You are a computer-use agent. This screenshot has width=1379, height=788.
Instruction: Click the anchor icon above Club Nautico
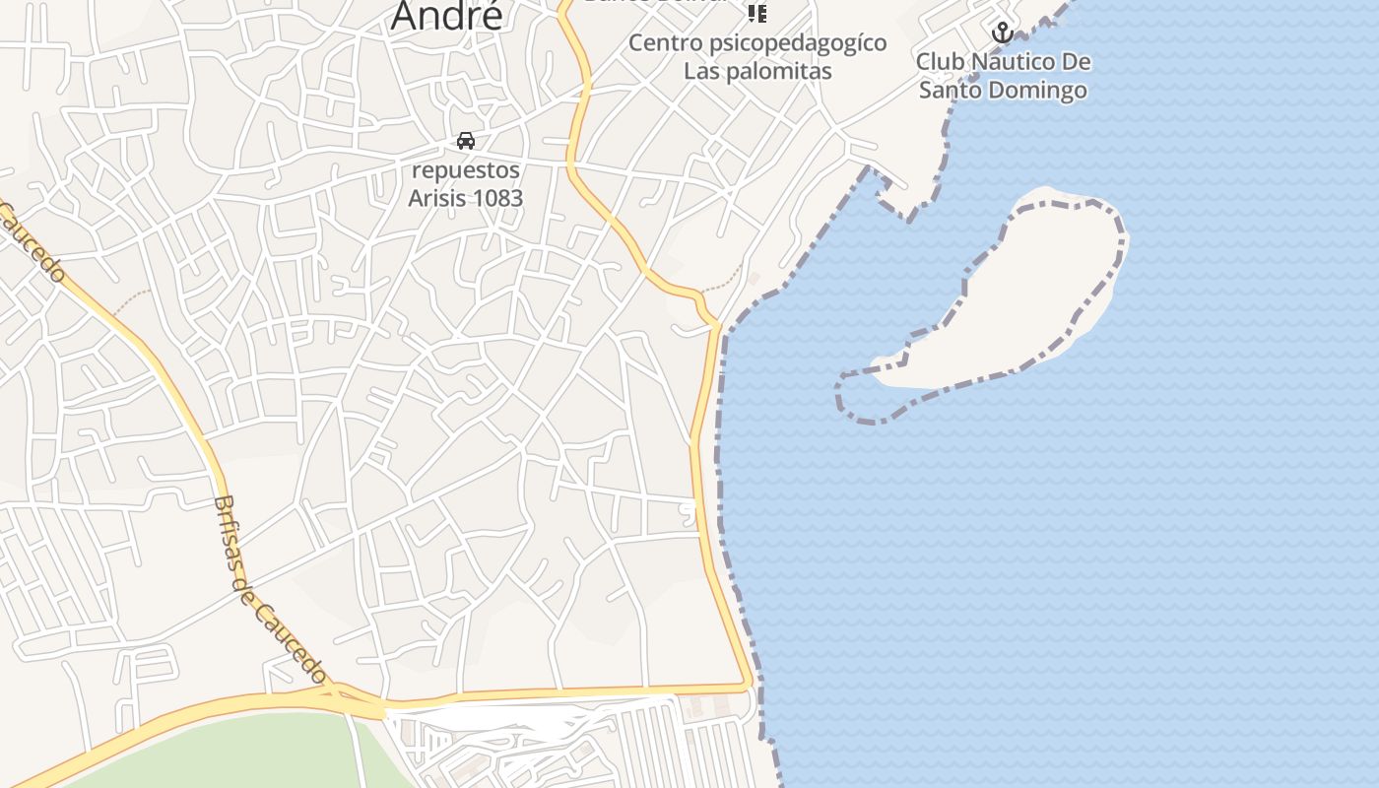(x=1002, y=33)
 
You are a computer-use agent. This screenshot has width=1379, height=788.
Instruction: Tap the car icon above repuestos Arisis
(x=466, y=141)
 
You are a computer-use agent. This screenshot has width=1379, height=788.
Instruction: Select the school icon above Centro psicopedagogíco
(x=756, y=13)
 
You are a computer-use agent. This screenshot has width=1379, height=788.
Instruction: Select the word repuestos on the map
(x=466, y=170)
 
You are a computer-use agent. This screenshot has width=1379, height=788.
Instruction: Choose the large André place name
(x=447, y=16)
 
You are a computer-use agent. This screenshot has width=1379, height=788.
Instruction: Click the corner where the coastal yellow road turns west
(x=748, y=683)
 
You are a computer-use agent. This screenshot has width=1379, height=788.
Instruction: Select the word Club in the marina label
(x=940, y=62)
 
